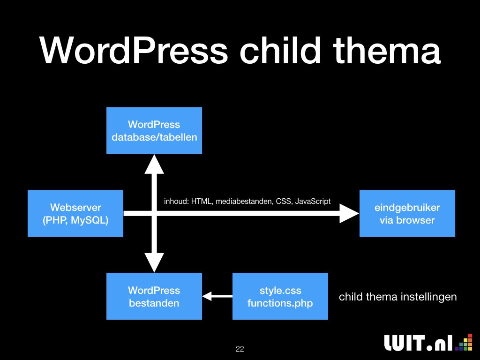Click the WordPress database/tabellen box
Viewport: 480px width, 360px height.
(x=154, y=130)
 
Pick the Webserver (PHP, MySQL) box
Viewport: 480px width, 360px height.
(x=75, y=213)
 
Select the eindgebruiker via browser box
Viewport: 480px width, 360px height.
(x=407, y=213)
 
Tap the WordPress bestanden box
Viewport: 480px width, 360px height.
(x=154, y=296)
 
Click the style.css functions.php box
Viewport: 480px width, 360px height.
(x=280, y=296)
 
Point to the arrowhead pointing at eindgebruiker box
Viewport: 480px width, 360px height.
(x=349, y=213)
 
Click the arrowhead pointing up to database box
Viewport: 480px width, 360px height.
(x=154, y=164)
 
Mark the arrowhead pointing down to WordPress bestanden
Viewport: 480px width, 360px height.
(x=154, y=262)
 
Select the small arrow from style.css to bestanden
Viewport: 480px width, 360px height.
(x=217, y=296)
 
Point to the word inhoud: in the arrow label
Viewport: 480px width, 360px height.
(x=176, y=202)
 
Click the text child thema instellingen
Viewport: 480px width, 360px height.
(x=397, y=297)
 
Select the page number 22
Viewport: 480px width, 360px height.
(x=240, y=349)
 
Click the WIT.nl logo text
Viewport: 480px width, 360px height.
(x=419, y=343)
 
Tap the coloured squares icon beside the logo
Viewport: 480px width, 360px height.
(x=464, y=342)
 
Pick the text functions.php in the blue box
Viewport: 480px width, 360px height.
(x=280, y=303)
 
